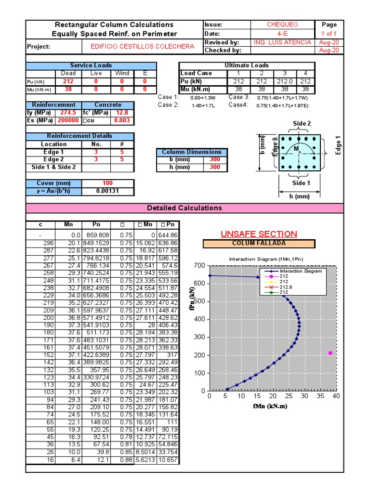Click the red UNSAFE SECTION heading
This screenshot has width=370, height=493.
coord(259,234)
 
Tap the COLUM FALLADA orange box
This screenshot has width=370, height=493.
coord(259,244)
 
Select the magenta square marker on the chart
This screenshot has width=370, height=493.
coord(330,353)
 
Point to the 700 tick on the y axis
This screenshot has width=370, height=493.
coord(199,265)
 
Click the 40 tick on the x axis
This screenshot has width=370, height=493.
coord(336,396)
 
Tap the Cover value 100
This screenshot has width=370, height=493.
coord(107,183)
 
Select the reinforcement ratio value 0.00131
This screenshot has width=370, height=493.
coord(107,191)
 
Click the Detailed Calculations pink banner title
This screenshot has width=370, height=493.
coord(185,208)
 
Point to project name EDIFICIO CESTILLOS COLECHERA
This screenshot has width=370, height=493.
coord(143,47)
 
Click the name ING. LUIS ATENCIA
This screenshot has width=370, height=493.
coord(282,42)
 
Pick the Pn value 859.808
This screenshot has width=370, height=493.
coord(97,235)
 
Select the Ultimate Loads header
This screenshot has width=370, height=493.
coord(247,65)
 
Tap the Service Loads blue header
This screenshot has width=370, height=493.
coord(91,65)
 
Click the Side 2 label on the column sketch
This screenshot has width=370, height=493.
coord(302,124)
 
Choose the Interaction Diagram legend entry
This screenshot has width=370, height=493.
coord(293,271)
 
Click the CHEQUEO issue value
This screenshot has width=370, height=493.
coord(282,25)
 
